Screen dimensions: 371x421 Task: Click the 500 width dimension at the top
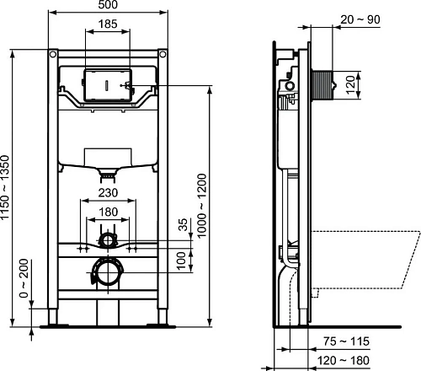click(108, 6)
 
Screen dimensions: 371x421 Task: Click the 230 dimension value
click(107, 193)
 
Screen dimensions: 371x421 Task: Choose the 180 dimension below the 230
click(107, 212)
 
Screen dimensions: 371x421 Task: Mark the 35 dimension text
click(183, 226)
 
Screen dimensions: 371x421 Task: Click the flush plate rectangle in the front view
click(107, 86)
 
